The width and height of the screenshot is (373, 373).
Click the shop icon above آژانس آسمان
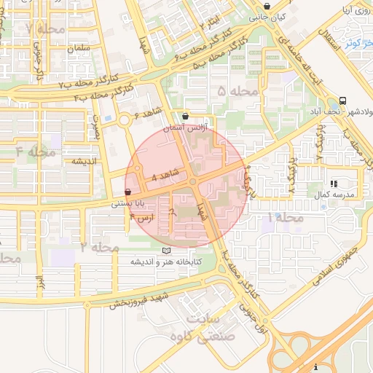click(185, 116)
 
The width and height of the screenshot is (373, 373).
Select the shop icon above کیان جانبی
click(267, 7)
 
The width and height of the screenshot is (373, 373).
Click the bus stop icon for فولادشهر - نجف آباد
click(342, 101)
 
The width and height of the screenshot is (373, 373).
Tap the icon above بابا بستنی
click(128, 192)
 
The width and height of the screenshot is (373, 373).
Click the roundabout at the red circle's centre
click(193, 181)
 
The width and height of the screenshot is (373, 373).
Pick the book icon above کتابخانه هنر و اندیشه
click(167, 250)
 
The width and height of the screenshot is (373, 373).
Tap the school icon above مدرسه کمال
click(334, 184)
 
